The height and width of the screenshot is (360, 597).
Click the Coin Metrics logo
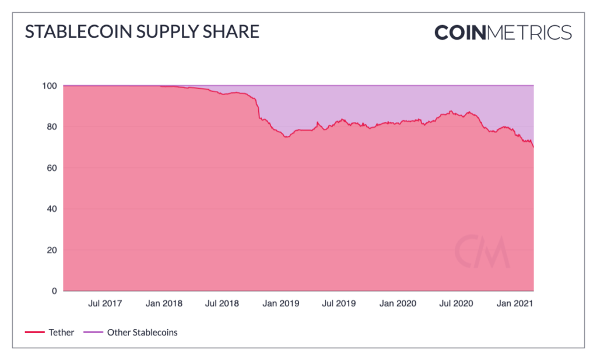coord(503,32)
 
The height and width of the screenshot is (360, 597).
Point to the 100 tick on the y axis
coord(50,86)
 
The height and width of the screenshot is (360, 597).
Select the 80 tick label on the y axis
coord(52,127)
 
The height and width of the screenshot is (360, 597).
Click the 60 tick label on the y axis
coord(52,168)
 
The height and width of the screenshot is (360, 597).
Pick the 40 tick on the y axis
coord(52,209)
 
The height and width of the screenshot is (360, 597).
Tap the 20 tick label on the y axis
coord(52,250)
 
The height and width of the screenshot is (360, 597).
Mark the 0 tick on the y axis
coord(54,291)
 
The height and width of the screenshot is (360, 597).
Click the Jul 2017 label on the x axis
coord(105,303)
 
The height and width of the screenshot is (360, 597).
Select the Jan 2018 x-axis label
coord(164,303)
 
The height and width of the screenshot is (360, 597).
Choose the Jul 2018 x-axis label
coord(222,303)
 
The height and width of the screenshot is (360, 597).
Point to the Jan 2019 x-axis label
coord(280,303)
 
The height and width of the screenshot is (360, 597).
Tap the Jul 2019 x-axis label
coord(338,303)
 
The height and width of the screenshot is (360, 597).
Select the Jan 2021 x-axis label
coord(514,303)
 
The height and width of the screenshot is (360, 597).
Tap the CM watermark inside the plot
coord(482,251)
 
